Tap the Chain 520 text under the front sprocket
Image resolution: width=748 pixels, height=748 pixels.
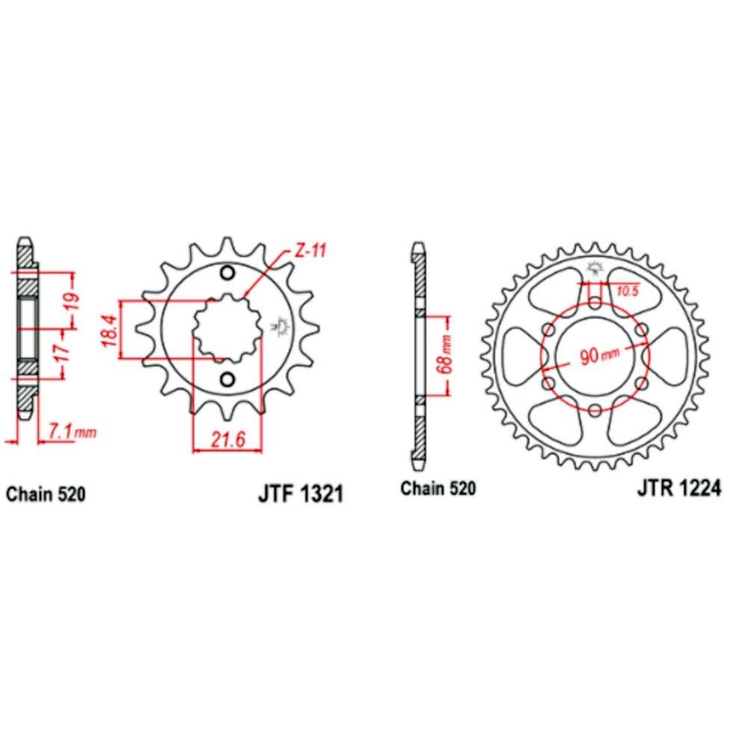[x=46, y=494]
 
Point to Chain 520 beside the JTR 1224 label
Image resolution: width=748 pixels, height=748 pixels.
[x=438, y=489]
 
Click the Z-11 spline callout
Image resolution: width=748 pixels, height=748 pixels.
[x=310, y=251]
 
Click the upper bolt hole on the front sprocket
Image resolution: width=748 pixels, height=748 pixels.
[x=228, y=272]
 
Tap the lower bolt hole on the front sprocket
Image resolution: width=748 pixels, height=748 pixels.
[x=228, y=379]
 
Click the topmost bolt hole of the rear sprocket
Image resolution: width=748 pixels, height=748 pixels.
[x=594, y=302]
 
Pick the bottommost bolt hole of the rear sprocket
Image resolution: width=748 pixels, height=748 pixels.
[x=594, y=410]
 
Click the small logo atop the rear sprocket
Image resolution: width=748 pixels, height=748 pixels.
[x=596, y=267]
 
